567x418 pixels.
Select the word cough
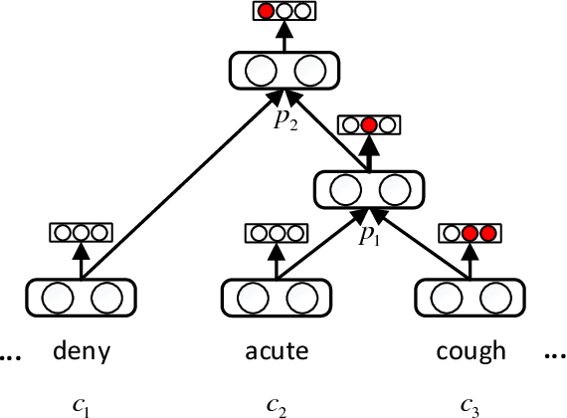pyautogui.click(x=472, y=351)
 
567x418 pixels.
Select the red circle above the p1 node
pyautogui.click(x=369, y=125)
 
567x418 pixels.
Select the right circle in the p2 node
pyautogui.click(x=308, y=71)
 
